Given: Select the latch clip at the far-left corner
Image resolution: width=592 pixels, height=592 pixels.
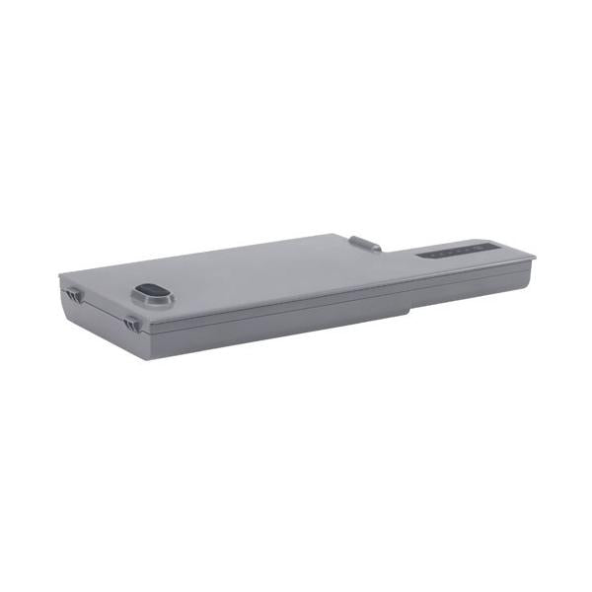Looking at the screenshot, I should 71,293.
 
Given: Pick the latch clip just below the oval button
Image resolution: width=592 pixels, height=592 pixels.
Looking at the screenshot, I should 131,322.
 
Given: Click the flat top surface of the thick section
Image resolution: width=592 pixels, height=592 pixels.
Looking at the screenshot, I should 247,271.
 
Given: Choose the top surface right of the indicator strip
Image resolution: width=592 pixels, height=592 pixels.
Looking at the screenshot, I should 508,255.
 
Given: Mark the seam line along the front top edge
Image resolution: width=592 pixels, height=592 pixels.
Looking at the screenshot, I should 296,300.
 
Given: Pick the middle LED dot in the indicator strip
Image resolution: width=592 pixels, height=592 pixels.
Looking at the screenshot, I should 450,252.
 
